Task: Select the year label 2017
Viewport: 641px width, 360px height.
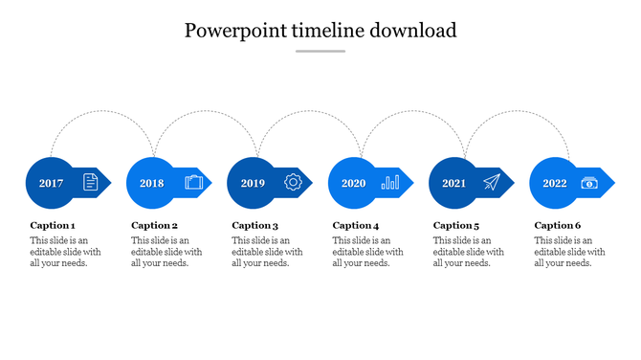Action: (51, 183)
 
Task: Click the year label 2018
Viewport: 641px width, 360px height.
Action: (151, 183)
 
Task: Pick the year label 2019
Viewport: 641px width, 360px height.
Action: (253, 183)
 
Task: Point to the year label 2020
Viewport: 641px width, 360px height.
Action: (353, 183)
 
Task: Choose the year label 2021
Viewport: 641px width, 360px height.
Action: (453, 183)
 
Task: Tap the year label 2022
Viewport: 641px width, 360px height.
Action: (555, 183)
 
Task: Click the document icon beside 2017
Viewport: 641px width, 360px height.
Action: (91, 182)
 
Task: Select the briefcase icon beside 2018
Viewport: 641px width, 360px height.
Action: (193, 182)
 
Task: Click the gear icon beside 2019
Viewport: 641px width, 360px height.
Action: (293, 182)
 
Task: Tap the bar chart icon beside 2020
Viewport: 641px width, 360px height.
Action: (390, 182)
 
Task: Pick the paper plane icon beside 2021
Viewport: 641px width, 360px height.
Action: (492, 182)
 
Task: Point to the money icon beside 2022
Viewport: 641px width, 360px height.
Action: (590, 182)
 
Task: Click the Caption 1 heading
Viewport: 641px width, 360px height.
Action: (53, 226)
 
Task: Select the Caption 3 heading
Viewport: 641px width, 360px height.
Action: (255, 226)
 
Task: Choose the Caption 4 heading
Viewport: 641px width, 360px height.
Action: (356, 226)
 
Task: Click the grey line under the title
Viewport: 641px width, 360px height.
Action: (320, 52)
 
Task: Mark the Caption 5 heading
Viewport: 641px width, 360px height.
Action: (456, 226)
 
